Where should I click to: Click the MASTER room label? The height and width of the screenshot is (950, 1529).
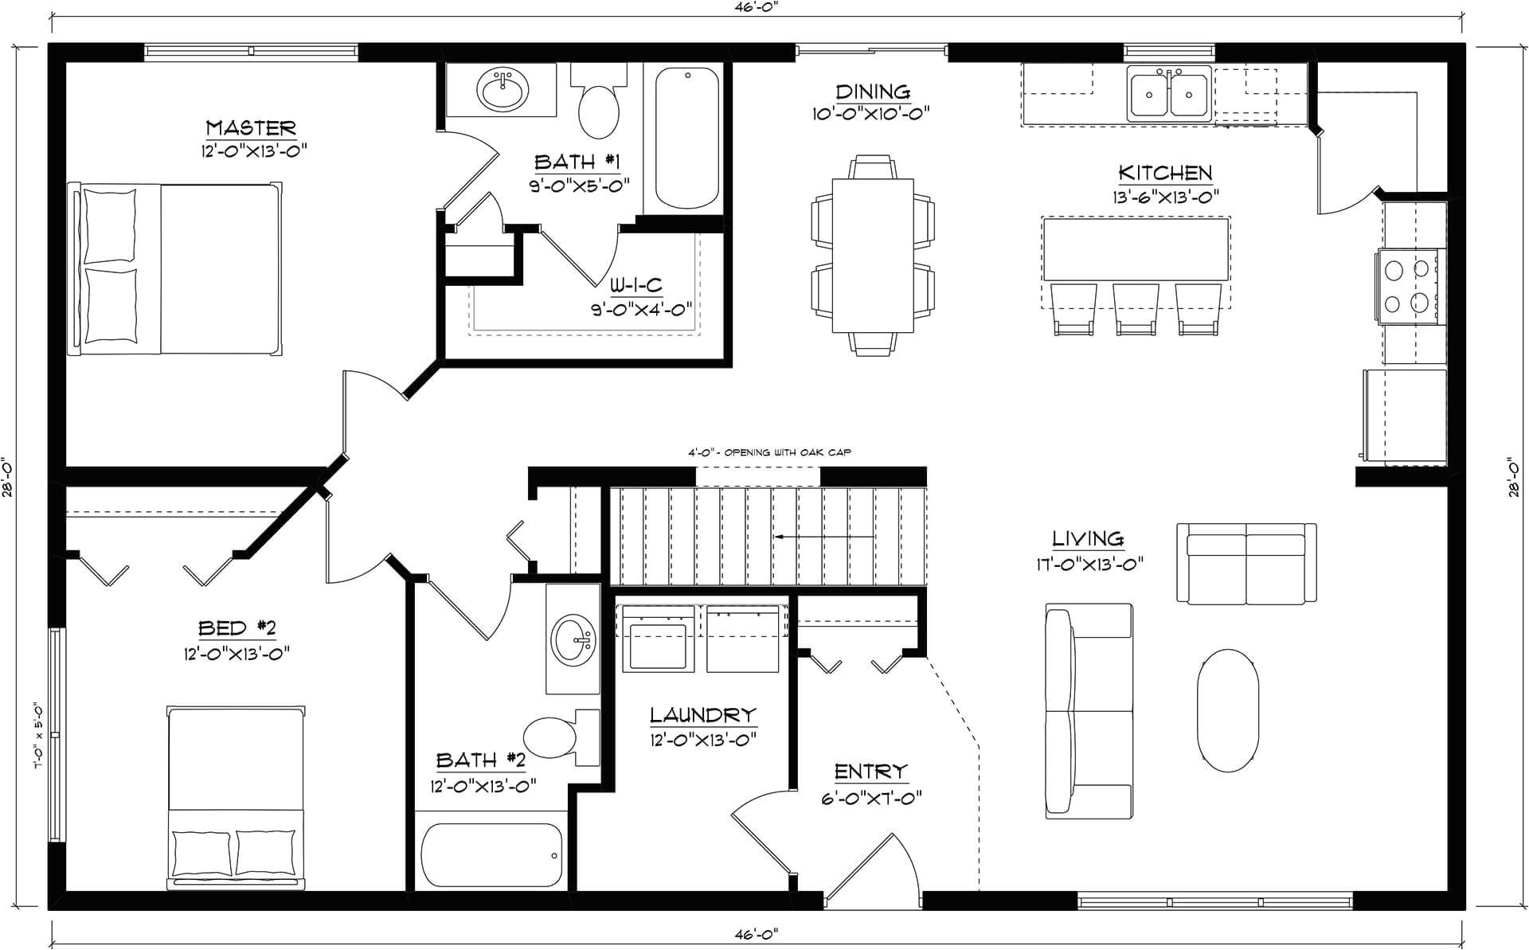coord(251,127)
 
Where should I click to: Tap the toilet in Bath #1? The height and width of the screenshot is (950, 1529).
coord(599,103)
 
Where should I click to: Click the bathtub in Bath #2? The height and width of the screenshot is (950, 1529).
coord(491,856)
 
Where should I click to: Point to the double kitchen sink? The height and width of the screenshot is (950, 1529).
coord(1169,94)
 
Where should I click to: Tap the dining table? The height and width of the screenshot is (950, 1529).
coord(873,256)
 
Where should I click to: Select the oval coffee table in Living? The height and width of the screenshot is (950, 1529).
coord(1228,710)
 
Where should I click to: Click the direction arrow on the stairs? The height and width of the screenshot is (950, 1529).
coord(824,537)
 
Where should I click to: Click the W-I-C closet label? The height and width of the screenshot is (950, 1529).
coord(636,285)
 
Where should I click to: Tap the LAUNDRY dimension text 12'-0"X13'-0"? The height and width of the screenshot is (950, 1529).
coord(703,739)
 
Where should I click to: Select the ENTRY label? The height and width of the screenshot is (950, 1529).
coord(870,771)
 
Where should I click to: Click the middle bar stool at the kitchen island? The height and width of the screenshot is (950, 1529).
coord(1135,309)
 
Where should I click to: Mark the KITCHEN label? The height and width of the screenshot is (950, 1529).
coord(1165,173)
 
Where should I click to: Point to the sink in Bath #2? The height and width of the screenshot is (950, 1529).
coord(573,638)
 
